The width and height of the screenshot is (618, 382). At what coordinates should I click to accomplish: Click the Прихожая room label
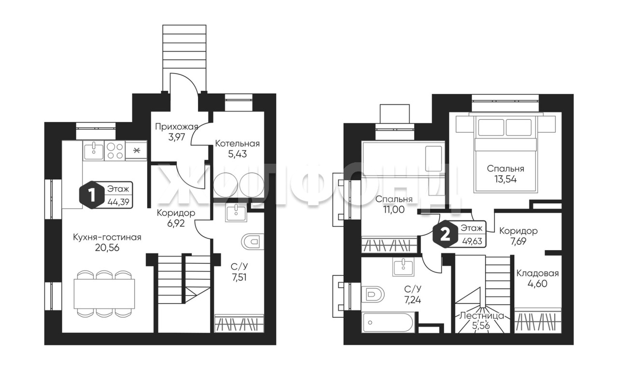pyautogui.click(x=177, y=127)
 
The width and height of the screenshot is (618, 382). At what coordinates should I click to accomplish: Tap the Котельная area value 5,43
pyautogui.click(x=237, y=154)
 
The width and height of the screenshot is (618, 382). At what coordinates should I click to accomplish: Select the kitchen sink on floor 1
pyautogui.click(x=94, y=150)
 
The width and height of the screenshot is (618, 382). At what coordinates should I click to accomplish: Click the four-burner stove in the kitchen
pyautogui.click(x=115, y=150)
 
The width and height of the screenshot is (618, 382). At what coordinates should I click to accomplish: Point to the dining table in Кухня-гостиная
pyautogui.click(x=104, y=294)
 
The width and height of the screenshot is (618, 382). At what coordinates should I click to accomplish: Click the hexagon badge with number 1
pyautogui.click(x=91, y=195)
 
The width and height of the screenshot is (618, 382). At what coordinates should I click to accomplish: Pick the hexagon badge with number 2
pyautogui.click(x=445, y=234)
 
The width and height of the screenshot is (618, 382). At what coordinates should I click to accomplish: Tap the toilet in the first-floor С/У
pyautogui.click(x=253, y=242)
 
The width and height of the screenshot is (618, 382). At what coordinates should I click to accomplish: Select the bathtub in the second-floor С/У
pyautogui.click(x=388, y=323)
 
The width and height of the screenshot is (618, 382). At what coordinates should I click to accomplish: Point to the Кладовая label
pyautogui.click(x=537, y=273)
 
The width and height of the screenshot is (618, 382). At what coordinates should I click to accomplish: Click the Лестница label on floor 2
pyautogui.click(x=481, y=316)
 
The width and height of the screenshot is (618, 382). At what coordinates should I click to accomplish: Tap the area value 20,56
pyautogui.click(x=107, y=248)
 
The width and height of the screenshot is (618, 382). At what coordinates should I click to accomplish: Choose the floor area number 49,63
pyautogui.click(x=473, y=241)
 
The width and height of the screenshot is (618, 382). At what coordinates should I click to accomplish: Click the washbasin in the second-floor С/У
pyautogui.click(x=403, y=267)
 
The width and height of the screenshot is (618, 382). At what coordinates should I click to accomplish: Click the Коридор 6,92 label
pyautogui.click(x=176, y=213)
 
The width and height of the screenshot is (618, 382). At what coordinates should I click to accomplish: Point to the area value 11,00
pyautogui.click(x=393, y=210)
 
